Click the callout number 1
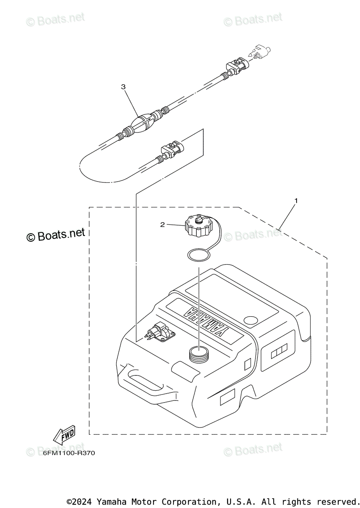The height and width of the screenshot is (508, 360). pyautogui.click(x=296, y=200)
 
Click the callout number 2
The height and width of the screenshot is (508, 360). pyautogui.click(x=162, y=225)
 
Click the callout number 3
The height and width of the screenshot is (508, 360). pyautogui.click(x=123, y=87)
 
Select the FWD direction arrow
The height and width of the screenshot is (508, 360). pyautogui.click(x=63, y=435)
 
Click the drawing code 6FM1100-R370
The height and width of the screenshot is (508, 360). pyautogui.click(x=69, y=453)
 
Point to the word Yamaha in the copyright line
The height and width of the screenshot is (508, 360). pyautogui.click(x=110, y=502)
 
